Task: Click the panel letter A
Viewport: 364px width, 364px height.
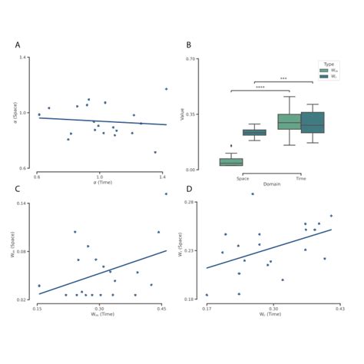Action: (x=18, y=45)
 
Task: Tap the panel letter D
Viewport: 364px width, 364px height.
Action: (x=189, y=190)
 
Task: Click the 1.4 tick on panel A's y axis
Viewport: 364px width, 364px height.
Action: (x=25, y=58)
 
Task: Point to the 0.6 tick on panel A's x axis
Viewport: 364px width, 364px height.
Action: (x=37, y=177)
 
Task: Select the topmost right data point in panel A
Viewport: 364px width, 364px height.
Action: (x=166, y=89)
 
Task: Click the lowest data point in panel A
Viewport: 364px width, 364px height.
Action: (x=155, y=152)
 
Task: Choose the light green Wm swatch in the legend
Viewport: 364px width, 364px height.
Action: (x=323, y=70)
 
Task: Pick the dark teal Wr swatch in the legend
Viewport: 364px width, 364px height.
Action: (x=323, y=76)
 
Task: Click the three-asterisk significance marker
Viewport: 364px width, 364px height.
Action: (x=283, y=78)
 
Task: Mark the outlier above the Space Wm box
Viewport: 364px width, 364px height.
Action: (x=231, y=145)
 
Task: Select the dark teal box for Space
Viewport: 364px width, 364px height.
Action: (x=254, y=132)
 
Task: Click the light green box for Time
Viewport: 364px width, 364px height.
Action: (x=289, y=121)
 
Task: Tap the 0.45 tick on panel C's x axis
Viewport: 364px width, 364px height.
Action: (x=162, y=307)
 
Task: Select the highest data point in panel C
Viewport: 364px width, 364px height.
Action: (x=165, y=194)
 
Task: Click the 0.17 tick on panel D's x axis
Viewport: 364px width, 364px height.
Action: (x=207, y=307)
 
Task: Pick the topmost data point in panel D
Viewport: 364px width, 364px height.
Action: (x=252, y=194)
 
